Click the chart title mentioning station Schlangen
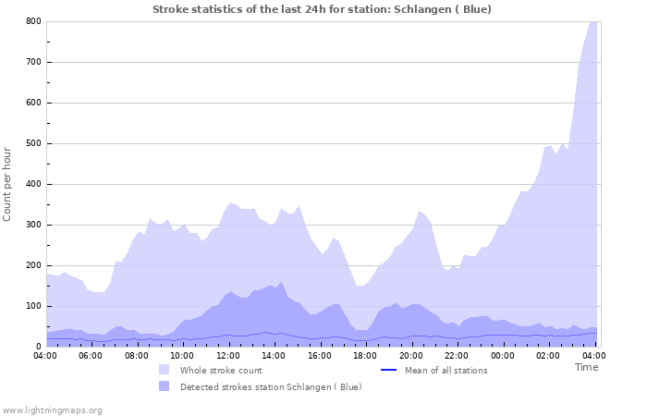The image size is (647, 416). click(x=322, y=9)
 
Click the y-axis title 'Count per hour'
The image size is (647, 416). click(x=8, y=183)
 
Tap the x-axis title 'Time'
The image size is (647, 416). click(x=586, y=367)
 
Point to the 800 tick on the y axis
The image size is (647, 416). click(x=32, y=21)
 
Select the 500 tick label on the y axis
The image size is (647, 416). click(x=32, y=143)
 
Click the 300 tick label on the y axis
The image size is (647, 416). click(x=32, y=225)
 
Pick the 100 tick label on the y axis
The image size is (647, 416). click(x=32, y=306)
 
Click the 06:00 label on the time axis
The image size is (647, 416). click(x=92, y=355)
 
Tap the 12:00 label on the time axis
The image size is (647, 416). click(x=228, y=355)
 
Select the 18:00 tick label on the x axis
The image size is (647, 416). click(x=365, y=355)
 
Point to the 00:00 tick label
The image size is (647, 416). click(x=502, y=355)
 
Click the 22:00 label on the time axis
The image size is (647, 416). click(x=457, y=355)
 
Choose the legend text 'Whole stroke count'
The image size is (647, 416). click(x=221, y=371)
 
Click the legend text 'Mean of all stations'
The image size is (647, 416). click(x=446, y=371)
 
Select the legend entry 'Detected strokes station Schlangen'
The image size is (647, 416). click(x=271, y=386)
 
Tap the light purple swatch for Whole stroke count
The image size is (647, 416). click(x=164, y=370)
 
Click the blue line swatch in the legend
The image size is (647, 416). click(x=388, y=371)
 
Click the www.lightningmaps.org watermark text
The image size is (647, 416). click(x=53, y=410)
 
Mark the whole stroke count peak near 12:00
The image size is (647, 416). click(x=231, y=202)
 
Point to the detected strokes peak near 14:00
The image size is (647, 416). click(x=281, y=283)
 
